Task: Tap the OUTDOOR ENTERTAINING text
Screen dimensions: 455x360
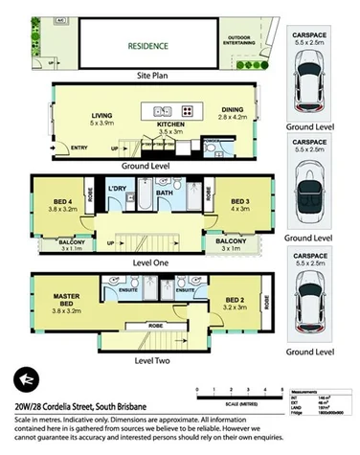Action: (239, 39)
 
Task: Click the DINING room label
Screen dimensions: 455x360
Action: (233, 112)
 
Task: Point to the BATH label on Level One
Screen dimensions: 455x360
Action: (164, 193)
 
